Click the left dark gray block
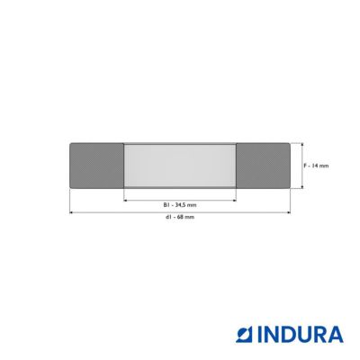point(96,166)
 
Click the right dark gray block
point(263,166)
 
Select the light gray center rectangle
point(180,166)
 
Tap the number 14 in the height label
point(315,166)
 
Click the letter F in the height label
point(305,166)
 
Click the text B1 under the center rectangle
point(166,205)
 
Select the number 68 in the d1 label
point(180,217)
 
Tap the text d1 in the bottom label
point(168,217)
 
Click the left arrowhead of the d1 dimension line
point(71,212)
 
